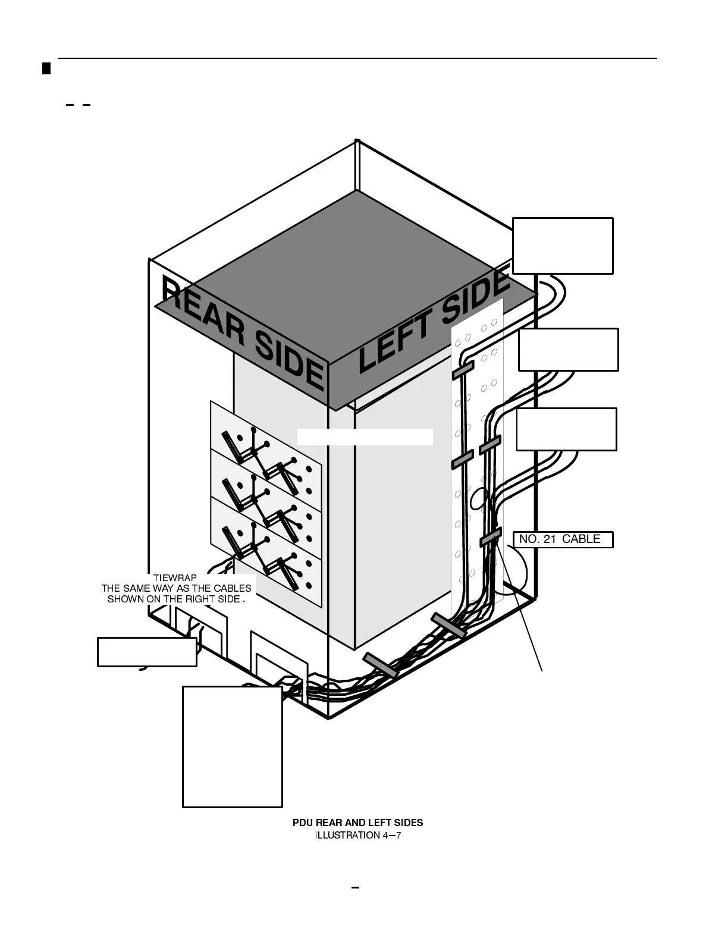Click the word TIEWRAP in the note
pos(175,577)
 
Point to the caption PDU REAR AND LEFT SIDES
pos(357,822)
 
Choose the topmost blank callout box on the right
pos(563,246)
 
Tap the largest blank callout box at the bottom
pos(232,746)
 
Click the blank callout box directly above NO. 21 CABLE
pos(566,429)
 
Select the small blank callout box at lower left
pos(147,652)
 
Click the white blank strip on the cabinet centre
pos(365,437)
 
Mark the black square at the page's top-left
pos(46,68)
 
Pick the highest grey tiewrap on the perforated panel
pos(463,369)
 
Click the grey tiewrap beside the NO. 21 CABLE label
pos(490,538)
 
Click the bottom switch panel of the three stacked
pos(266,553)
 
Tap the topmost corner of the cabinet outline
pos(357,140)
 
